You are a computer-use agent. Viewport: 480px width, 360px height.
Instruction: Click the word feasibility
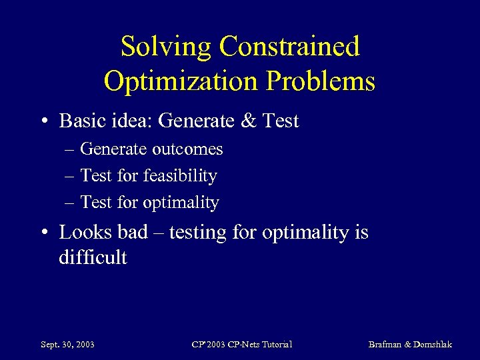(180, 176)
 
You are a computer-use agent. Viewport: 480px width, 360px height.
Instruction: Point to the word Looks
(79, 233)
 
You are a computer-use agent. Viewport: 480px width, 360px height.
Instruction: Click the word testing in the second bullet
(193, 233)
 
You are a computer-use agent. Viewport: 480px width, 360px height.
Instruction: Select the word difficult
(93, 257)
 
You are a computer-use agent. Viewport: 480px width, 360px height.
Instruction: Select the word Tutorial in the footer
(274, 345)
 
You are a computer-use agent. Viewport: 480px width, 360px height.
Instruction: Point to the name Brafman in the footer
(385, 345)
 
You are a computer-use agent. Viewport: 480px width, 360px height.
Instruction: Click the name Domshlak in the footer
(433, 345)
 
